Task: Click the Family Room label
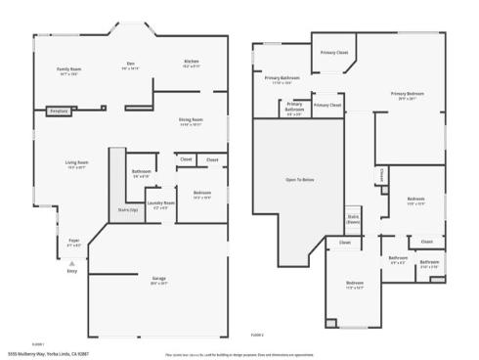[x=68, y=71]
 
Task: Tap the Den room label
[x=131, y=66]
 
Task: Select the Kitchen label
[x=192, y=64]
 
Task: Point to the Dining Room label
[x=191, y=121]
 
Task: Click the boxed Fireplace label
[x=58, y=112]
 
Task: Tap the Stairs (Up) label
[x=127, y=209]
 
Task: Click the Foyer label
[x=73, y=242]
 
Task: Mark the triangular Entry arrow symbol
[x=69, y=262]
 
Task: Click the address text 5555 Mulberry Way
[x=48, y=353]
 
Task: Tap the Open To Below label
[x=299, y=180]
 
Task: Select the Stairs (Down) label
[x=353, y=221]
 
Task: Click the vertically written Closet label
[x=380, y=175]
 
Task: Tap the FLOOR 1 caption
[x=39, y=343]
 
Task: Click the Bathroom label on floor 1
[x=141, y=173]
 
